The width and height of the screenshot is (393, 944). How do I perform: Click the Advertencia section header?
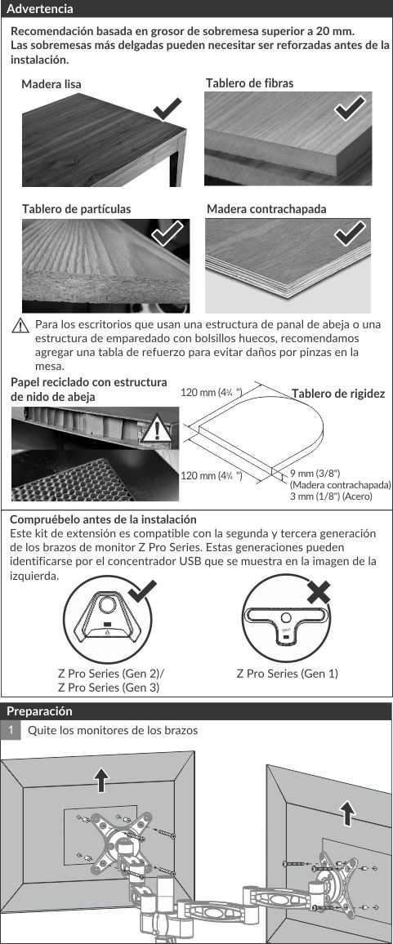tap(40, 9)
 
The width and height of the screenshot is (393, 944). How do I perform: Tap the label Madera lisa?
tap(51, 84)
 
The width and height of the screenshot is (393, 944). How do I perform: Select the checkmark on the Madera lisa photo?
tap(167, 109)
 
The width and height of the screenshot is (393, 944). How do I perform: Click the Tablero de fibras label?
tap(249, 83)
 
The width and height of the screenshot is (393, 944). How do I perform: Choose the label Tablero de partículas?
tap(77, 209)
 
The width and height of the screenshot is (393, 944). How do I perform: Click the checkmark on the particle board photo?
tap(167, 233)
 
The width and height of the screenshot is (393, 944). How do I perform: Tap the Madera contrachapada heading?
tap(266, 209)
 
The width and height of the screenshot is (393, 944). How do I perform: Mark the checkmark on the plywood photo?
tap(350, 234)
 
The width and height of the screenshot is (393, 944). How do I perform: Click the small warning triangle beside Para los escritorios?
tap(20, 327)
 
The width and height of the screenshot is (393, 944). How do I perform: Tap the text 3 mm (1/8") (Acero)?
tap(331, 496)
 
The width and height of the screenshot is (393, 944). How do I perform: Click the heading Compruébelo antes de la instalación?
tap(104, 519)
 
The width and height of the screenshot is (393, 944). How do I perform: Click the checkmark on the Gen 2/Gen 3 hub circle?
tap(142, 592)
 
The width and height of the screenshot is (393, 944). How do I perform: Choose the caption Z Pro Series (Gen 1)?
tap(287, 674)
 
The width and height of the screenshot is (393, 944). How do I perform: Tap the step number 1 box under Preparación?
tap(11, 730)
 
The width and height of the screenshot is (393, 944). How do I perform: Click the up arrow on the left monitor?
tap(101, 780)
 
